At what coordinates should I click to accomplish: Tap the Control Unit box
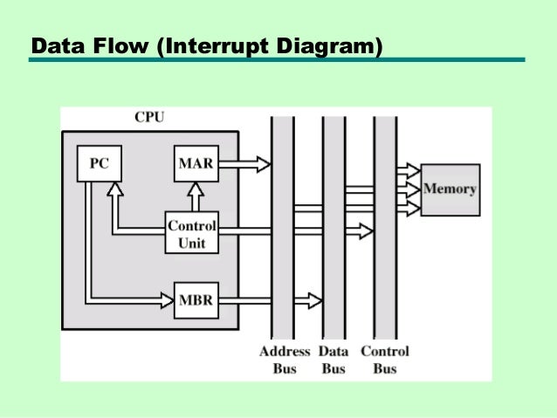[x=191, y=233]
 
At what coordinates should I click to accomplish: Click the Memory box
[x=450, y=189]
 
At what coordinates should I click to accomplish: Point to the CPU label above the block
[x=148, y=117]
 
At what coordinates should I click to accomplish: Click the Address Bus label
[x=284, y=360]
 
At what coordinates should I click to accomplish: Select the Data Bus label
[x=334, y=360]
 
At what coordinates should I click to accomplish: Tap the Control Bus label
[x=385, y=360]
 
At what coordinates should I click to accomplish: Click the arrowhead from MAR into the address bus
[x=262, y=163]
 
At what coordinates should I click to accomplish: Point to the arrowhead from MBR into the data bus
[x=313, y=300]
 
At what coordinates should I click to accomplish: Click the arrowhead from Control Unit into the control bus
[x=364, y=230]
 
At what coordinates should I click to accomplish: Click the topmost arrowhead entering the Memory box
[x=413, y=169]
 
